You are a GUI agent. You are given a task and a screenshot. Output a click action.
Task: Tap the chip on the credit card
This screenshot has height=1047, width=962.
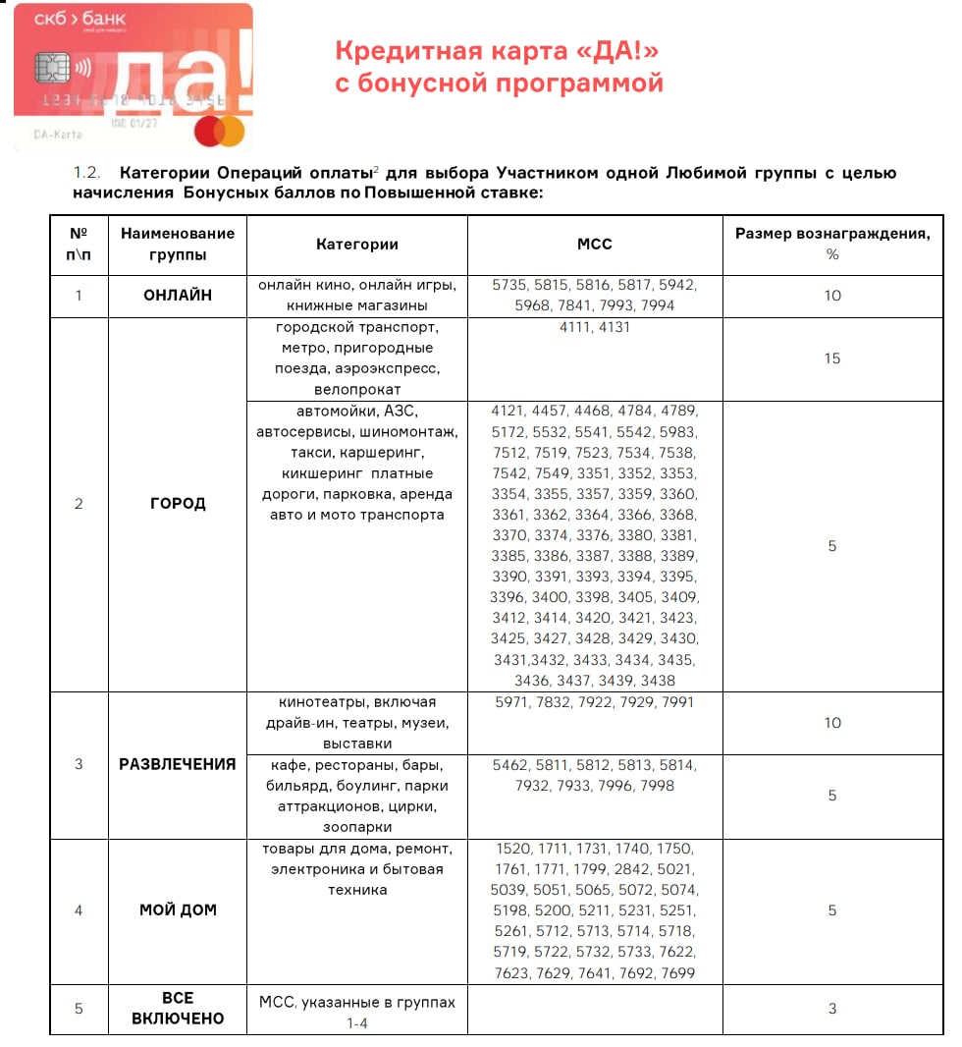[47, 69]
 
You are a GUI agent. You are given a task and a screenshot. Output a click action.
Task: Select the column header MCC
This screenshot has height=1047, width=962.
[595, 245]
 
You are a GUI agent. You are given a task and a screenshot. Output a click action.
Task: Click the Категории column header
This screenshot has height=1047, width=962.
[357, 245]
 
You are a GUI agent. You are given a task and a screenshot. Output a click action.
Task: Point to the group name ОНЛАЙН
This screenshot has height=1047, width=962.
[178, 296]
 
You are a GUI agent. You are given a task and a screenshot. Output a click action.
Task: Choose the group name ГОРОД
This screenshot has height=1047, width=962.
[178, 504]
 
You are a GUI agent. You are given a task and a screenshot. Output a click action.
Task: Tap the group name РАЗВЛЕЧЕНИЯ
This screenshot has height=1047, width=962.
[178, 764]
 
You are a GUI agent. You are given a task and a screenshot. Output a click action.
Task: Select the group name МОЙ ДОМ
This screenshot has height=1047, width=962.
[178, 910]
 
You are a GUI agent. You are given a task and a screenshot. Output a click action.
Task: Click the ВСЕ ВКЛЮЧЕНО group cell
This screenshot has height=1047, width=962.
[178, 1009]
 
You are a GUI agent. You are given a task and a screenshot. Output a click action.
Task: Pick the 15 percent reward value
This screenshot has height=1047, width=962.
[832, 358]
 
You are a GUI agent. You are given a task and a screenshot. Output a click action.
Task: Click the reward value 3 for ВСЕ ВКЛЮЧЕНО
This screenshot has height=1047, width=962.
[832, 1009]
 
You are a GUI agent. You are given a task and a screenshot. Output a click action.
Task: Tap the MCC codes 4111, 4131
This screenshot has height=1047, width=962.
[595, 327]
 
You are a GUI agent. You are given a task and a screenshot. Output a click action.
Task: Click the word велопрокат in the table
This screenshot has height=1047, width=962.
[356, 390]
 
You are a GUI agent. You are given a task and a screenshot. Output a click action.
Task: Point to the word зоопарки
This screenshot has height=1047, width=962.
[356, 827]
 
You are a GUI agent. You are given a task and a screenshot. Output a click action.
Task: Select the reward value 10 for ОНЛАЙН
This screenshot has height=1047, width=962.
[832, 296]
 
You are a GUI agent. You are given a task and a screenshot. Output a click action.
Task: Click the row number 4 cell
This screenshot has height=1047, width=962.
[79, 910]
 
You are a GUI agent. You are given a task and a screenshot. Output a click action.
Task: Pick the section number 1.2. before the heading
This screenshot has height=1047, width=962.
[89, 173]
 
